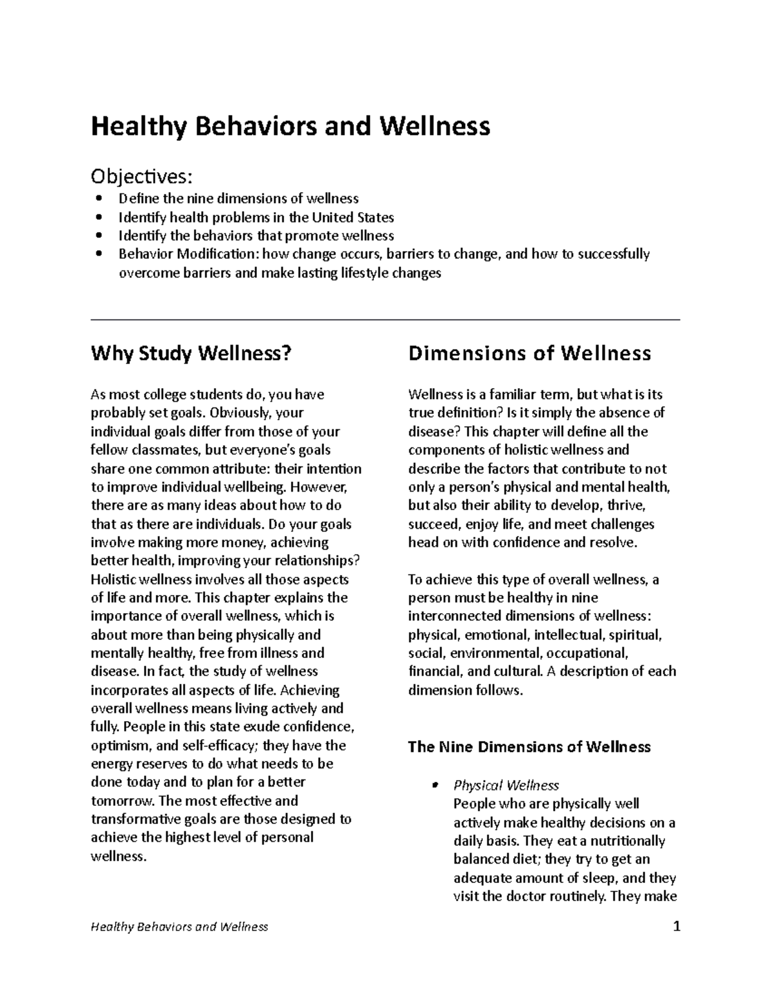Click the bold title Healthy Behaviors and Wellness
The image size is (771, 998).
pyautogui.click(x=290, y=127)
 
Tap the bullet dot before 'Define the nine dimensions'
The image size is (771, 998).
pyautogui.click(x=98, y=199)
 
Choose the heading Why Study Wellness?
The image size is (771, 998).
pyautogui.click(x=191, y=353)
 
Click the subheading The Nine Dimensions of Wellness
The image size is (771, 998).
pyautogui.click(x=529, y=747)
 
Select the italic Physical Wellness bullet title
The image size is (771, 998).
pyautogui.click(x=506, y=785)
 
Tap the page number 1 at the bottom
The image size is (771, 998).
pyautogui.click(x=675, y=927)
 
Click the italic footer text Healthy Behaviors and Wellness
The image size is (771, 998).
pyautogui.click(x=179, y=927)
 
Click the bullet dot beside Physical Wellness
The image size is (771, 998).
pyautogui.click(x=435, y=785)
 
